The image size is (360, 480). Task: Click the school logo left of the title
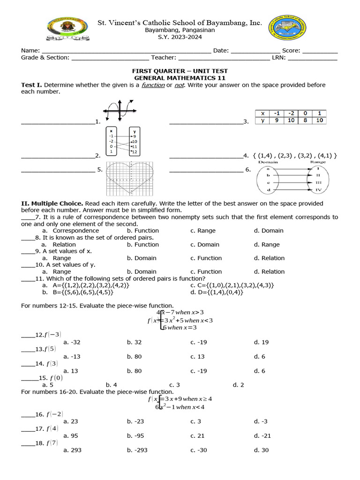[x=68, y=29]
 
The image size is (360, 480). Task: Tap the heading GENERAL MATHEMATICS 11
[x=180, y=78]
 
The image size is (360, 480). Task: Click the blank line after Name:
[x=127, y=51]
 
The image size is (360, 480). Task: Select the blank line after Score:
[x=320, y=51]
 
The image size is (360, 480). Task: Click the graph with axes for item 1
[x=120, y=111]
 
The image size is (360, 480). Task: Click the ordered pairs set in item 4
[x=295, y=156]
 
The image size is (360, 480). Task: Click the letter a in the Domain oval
[x=268, y=168]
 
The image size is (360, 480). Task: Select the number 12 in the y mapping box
[x=135, y=152]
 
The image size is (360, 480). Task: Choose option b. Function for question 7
[x=143, y=231]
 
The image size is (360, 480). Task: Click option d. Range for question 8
[x=267, y=244]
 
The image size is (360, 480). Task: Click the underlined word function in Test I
[x=153, y=85]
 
